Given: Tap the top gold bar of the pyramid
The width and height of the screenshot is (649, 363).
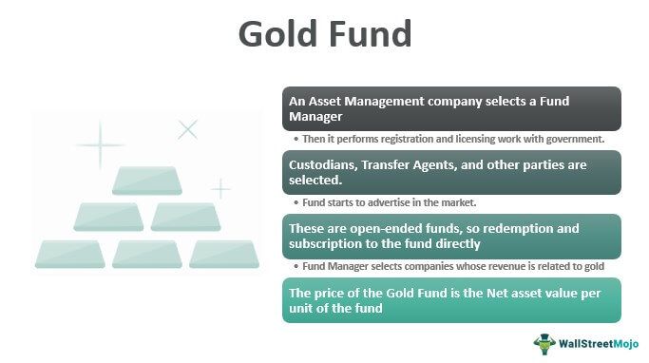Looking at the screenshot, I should pyautogui.click(x=146, y=181).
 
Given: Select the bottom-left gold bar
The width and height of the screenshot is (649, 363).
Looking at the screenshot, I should pyautogui.click(x=70, y=254).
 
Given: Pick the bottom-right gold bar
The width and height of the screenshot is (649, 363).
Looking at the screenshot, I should pyautogui.click(x=223, y=254).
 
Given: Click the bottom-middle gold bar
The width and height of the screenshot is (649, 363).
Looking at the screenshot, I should pyautogui.click(x=146, y=254).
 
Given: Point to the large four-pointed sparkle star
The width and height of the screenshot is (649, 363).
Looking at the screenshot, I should pyautogui.click(x=99, y=144).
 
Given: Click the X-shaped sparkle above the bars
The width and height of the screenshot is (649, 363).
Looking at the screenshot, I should pyautogui.click(x=188, y=129).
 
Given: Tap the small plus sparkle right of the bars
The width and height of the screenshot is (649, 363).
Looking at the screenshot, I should pyautogui.click(x=220, y=189).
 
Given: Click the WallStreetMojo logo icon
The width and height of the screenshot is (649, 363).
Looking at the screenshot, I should pyautogui.click(x=544, y=343).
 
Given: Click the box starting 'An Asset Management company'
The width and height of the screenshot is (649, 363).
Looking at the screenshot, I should pyautogui.click(x=451, y=109).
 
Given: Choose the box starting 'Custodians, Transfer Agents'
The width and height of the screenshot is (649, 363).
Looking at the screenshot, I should pyautogui.click(x=451, y=173).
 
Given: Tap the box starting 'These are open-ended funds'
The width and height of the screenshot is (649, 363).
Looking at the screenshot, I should pyautogui.click(x=451, y=237).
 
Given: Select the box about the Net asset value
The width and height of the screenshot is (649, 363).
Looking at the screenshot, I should pyautogui.click(x=451, y=300).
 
